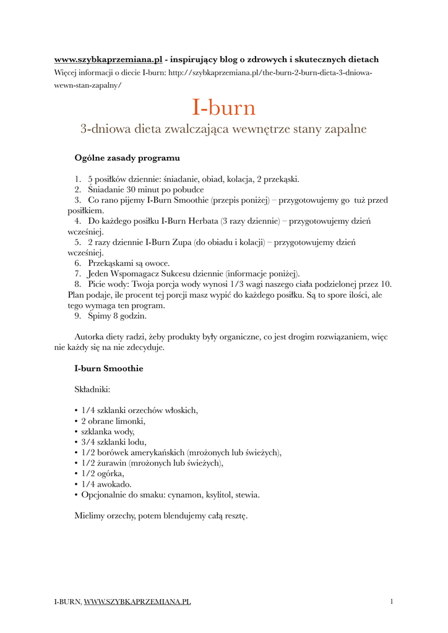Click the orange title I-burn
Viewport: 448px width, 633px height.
(x=223, y=108)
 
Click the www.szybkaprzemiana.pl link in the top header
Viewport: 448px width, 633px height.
(x=108, y=59)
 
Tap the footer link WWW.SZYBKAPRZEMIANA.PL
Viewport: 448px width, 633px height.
(x=137, y=601)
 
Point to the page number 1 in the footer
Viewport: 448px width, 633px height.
(x=392, y=601)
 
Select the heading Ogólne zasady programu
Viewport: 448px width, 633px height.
(x=127, y=158)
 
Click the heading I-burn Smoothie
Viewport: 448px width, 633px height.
(x=108, y=368)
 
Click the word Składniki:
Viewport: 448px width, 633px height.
(x=92, y=389)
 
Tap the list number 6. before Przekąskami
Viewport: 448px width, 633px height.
(x=78, y=263)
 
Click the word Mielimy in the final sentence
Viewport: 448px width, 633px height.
(x=88, y=516)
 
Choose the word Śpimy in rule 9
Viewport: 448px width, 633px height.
(x=99, y=316)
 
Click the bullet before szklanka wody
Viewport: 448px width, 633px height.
(x=76, y=431)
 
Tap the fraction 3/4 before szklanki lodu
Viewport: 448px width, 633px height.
(x=88, y=442)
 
